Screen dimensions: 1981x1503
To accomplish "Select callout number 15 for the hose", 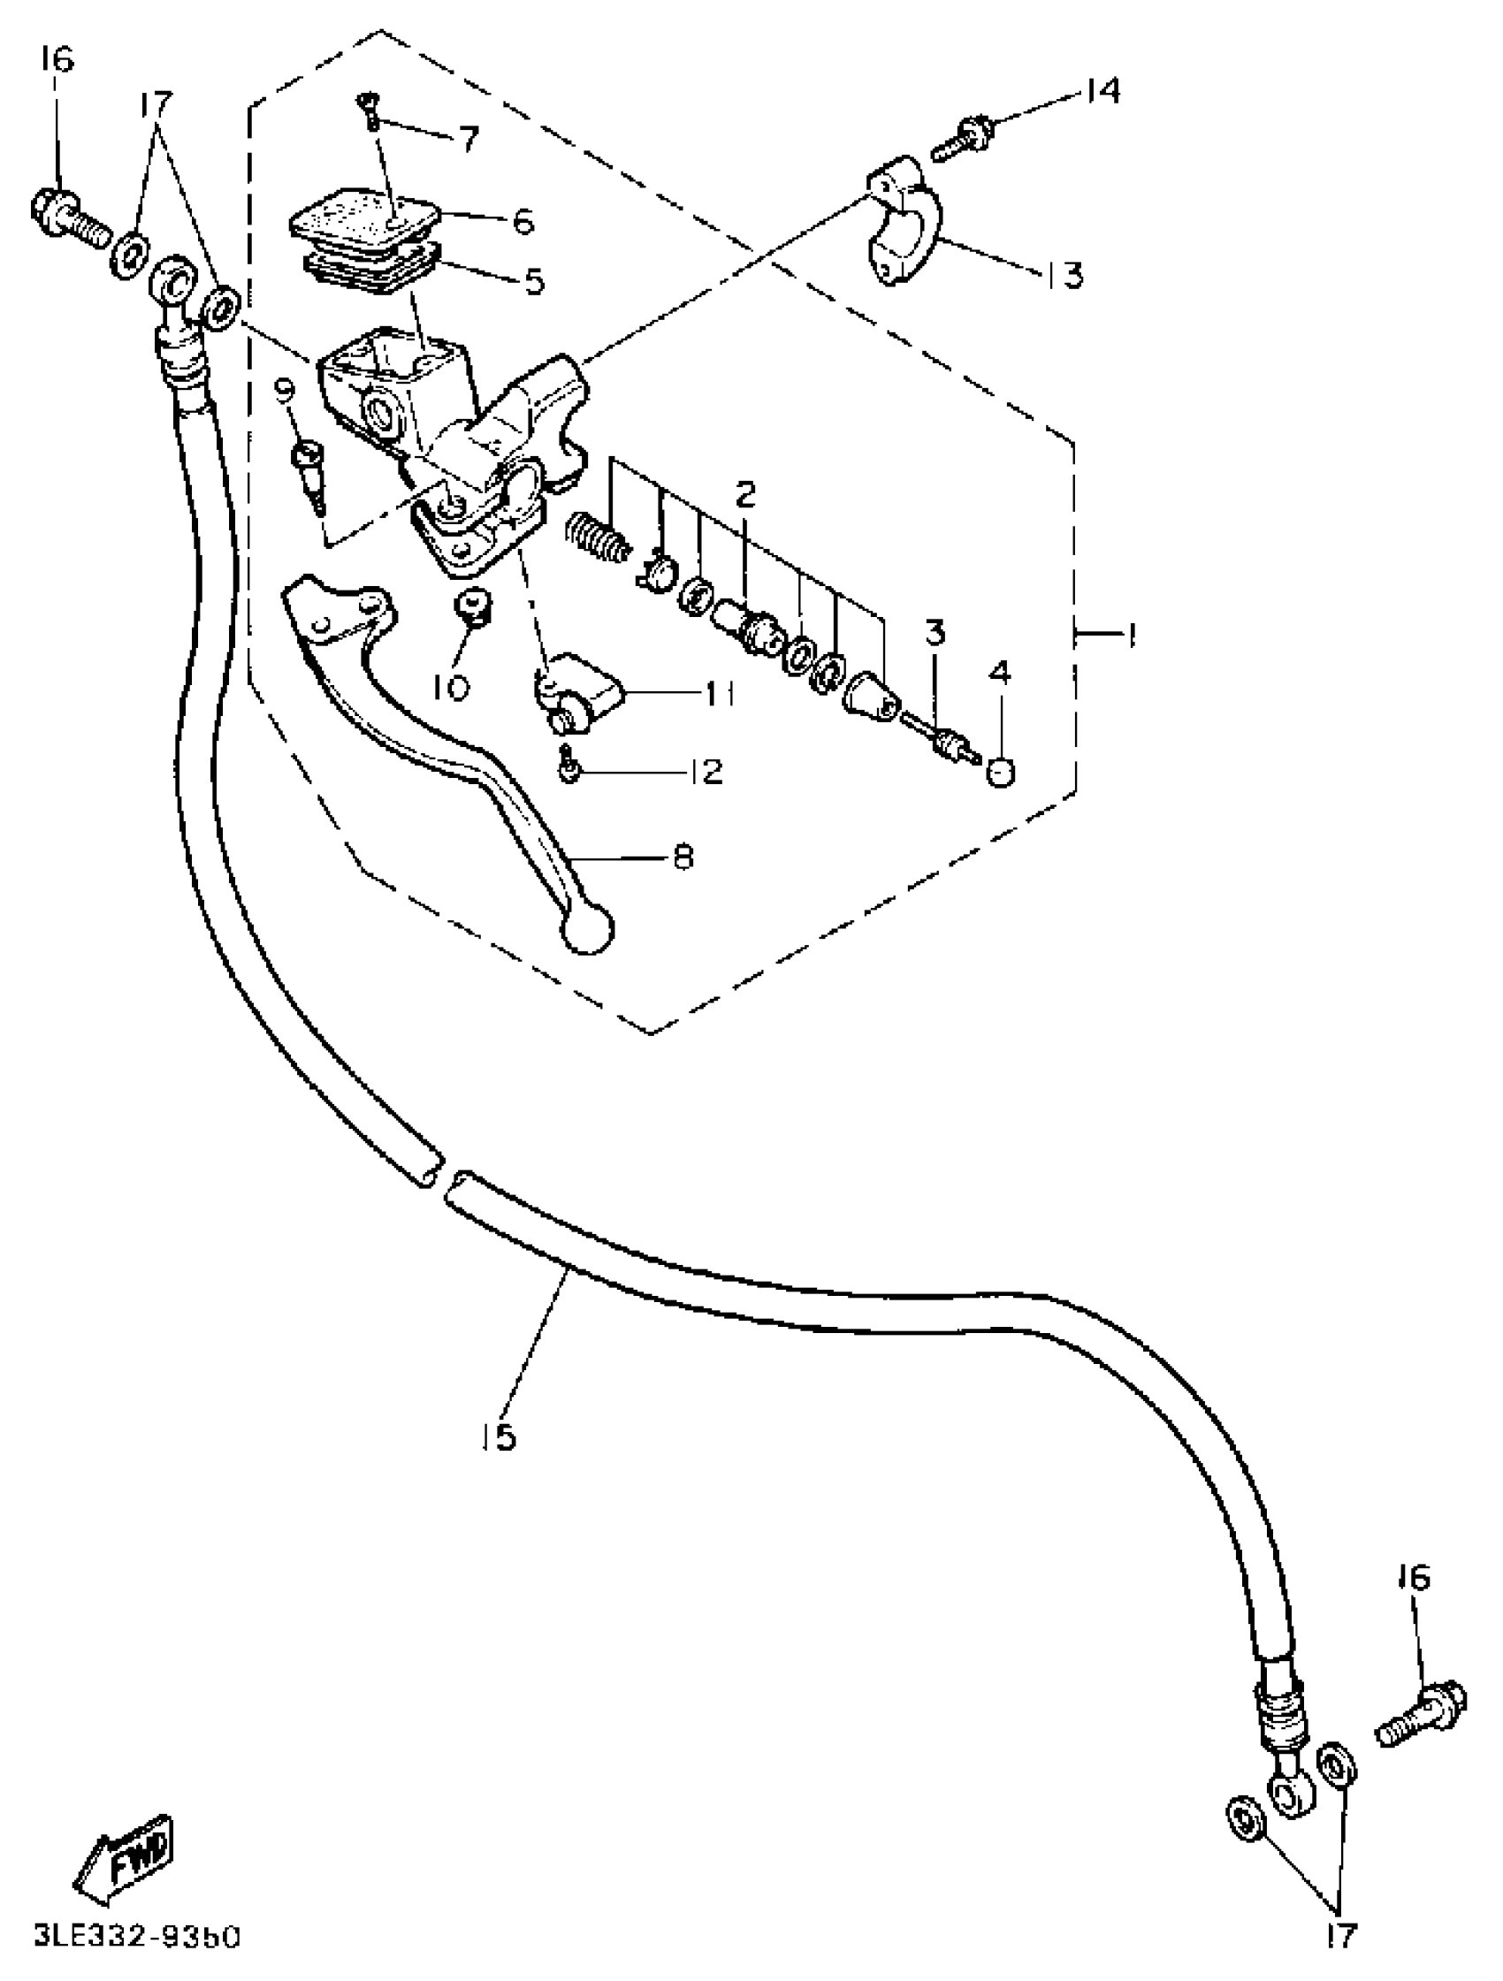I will click(497, 1436).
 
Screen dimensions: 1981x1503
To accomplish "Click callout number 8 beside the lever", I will click(683, 857).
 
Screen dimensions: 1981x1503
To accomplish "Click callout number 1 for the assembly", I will click(1131, 635).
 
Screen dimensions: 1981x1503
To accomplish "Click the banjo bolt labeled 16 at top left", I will click(67, 211).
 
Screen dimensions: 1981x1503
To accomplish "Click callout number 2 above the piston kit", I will click(745, 493).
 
